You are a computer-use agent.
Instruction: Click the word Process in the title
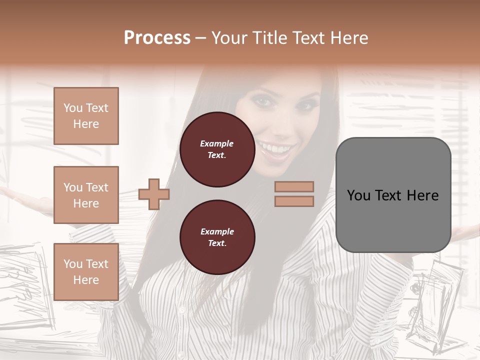pos(157,38)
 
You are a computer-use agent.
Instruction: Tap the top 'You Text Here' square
pos(86,116)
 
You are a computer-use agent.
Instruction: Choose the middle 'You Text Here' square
pos(86,195)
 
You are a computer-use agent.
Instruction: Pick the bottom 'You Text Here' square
pos(86,272)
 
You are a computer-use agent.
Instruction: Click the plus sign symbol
pos(154,194)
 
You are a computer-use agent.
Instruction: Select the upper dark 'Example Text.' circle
pos(217,149)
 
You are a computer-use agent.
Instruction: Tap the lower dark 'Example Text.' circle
pos(217,237)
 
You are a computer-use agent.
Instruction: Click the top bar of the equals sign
pos(294,186)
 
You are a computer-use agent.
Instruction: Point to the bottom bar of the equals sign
pos(294,201)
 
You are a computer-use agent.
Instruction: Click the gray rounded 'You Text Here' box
pos(393,195)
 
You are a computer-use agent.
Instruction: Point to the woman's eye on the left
pos(262,100)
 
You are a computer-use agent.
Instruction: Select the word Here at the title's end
pos(349,38)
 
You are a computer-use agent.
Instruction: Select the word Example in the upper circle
pos(217,143)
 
